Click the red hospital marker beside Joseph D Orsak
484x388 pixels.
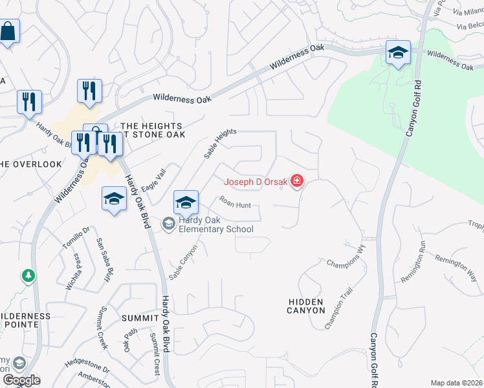[297, 181]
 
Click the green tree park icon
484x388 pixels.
[28, 276]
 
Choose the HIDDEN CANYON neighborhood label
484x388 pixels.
[306, 306]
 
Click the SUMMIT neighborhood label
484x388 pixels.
[139, 318]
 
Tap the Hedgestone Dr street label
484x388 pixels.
[87, 364]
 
